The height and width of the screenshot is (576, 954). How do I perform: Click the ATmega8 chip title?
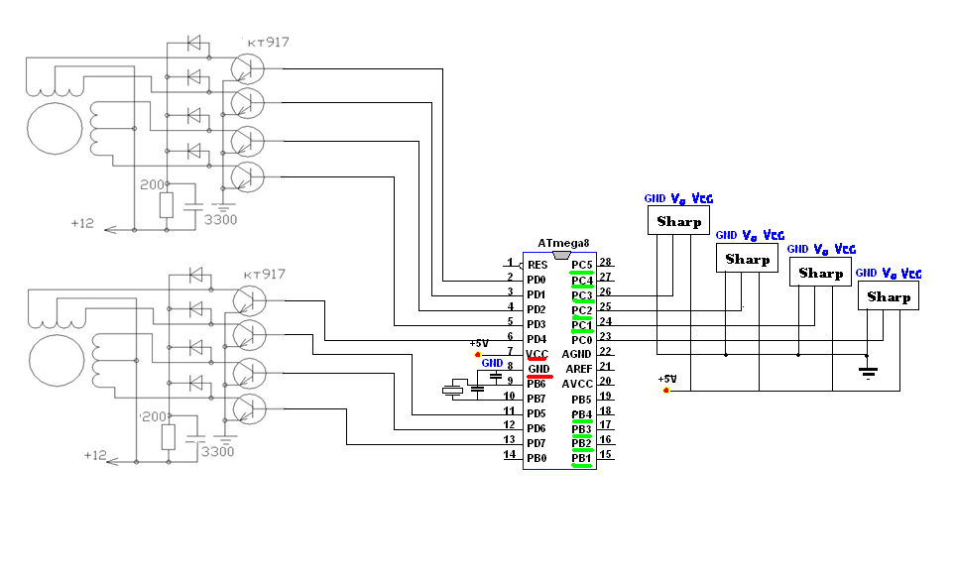click(x=563, y=243)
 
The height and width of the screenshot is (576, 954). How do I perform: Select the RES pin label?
click(x=537, y=265)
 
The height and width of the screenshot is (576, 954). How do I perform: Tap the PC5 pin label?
click(x=582, y=264)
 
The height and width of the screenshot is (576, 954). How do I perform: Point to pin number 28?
click(x=604, y=263)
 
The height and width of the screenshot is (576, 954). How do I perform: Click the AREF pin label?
click(x=577, y=368)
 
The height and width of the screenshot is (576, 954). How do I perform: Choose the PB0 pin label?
click(x=537, y=457)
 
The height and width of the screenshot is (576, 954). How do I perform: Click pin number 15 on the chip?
click(x=604, y=455)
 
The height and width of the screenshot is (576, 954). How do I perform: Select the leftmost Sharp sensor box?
click(x=679, y=221)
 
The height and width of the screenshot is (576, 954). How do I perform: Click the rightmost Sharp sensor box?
click(x=889, y=296)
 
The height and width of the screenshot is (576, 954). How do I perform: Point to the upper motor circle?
click(x=56, y=132)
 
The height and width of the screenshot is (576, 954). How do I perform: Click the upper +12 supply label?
click(x=82, y=223)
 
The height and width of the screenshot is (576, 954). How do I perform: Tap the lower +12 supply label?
click(x=94, y=455)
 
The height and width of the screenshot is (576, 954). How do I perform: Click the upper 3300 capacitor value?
click(x=219, y=219)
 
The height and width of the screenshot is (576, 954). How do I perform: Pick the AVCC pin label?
click(x=577, y=383)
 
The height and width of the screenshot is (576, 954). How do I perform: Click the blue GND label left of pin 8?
click(x=492, y=363)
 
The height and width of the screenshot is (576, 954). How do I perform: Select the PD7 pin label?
click(x=537, y=442)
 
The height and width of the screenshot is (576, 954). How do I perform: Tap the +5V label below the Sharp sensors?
click(x=667, y=379)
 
